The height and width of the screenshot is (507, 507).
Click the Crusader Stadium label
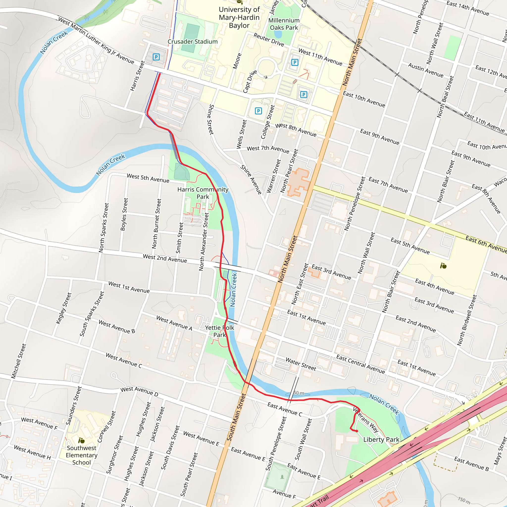tap(192, 41)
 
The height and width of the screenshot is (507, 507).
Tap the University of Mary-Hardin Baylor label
tap(239, 17)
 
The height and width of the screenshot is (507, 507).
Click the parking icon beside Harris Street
tap(156, 57)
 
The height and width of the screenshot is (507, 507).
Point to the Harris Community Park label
tap(203, 193)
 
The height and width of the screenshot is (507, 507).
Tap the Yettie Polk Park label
tap(219, 331)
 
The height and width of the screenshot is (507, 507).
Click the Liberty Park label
tap(381, 440)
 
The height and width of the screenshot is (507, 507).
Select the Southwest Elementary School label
tap(81, 455)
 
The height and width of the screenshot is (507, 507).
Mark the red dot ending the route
tap(357, 431)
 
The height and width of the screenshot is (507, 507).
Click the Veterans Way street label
tap(366, 420)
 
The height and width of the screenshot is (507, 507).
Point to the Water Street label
tap(301, 364)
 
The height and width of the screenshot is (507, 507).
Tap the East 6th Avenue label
tap(486, 244)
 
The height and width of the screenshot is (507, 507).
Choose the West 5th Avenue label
tap(148, 178)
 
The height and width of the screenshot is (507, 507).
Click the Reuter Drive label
tap(269, 40)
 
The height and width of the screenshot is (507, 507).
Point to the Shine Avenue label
tap(251, 180)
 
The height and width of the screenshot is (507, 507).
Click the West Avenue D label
tap(139, 391)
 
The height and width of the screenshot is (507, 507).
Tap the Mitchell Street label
tap(19, 361)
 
